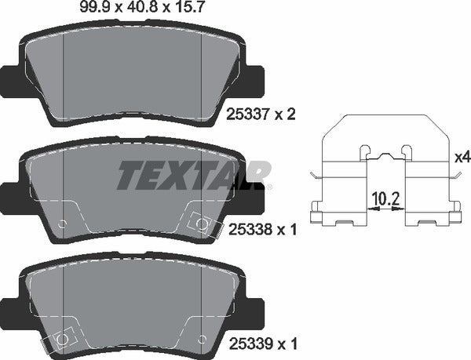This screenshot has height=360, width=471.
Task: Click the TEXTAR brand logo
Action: pyautogui.click(x=193, y=175)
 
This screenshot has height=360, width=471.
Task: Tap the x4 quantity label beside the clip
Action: pyautogui.click(x=462, y=157)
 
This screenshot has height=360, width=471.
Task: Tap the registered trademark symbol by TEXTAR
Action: pyautogui.click(x=270, y=187)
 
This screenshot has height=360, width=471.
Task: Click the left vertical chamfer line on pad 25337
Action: pyautogui.click(x=62, y=75)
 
